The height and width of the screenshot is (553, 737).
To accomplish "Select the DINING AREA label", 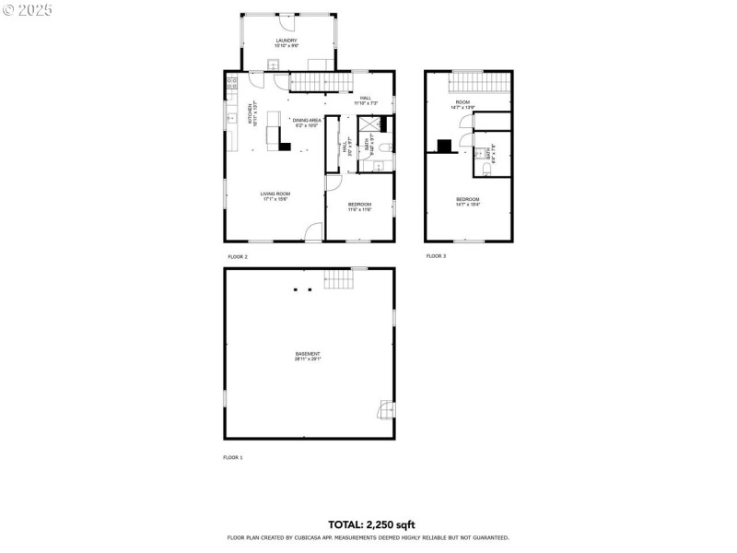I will pyautogui.click(x=306, y=122).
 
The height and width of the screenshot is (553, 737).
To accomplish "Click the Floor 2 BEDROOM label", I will pyautogui.click(x=359, y=206).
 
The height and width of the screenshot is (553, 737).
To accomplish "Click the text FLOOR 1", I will pyautogui.click(x=233, y=457).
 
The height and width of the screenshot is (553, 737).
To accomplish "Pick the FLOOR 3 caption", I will pyautogui.click(x=436, y=256).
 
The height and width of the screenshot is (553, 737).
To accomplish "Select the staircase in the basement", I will pyautogui.click(x=337, y=279).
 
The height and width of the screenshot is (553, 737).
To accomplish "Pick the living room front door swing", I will pyautogui.click(x=314, y=232).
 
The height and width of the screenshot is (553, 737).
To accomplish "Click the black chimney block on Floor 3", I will pyautogui.click(x=444, y=145).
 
